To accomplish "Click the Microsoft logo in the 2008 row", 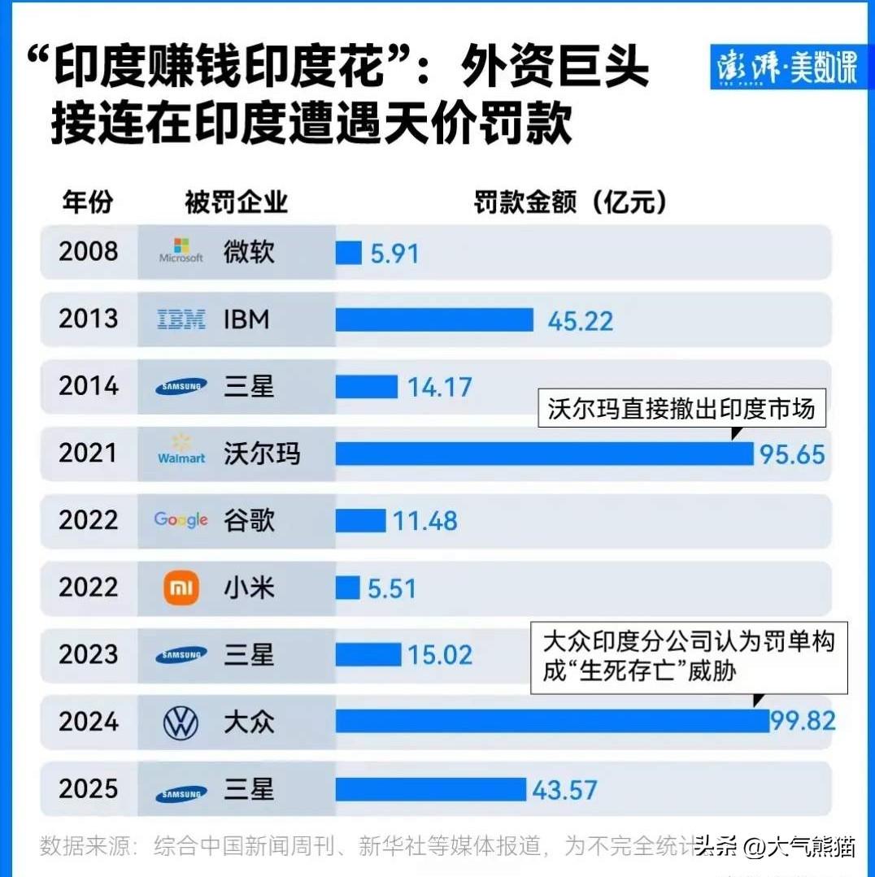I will pyautogui.click(x=181, y=251).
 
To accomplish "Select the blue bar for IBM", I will pyautogui.click(x=434, y=319).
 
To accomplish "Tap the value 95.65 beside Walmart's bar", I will pyautogui.click(x=792, y=454).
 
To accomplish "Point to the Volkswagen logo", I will pyautogui.click(x=181, y=723).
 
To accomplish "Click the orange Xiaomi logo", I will pyautogui.click(x=181, y=588).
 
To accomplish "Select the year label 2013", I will pyautogui.click(x=88, y=319).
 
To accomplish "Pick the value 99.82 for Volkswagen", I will pyautogui.click(x=803, y=721).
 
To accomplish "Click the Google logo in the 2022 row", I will pyautogui.click(x=181, y=520).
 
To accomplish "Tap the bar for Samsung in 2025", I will pyautogui.click(x=431, y=789).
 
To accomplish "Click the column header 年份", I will pyautogui.click(x=87, y=202).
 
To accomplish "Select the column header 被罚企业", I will pyautogui.click(x=236, y=202).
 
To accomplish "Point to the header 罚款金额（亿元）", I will pyautogui.click(x=570, y=202).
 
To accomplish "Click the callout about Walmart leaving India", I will pyautogui.click(x=681, y=408).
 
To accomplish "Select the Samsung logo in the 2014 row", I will pyautogui.click(x=181, y=387).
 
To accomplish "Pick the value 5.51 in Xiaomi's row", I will pyautogui.click(x=391, y=588).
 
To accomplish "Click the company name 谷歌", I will pyautogui.click(x=250, y=520).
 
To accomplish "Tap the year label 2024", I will pyautogui.click(x=88, y=722).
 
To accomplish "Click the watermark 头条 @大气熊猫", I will pyautogui.click(x=776, y=847).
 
